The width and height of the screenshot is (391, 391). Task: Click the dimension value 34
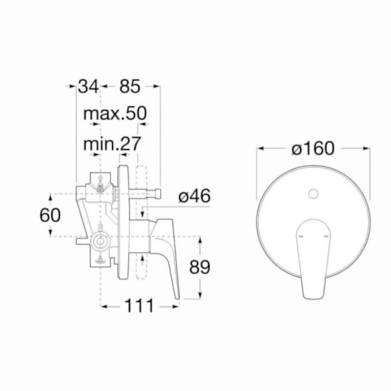click(88, 86)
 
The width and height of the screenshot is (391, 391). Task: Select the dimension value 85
click(130, 86)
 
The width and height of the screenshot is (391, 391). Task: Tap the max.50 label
click(115, 114)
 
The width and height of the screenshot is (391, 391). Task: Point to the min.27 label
click(112, 144)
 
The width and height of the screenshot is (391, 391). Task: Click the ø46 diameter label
click(195, 196)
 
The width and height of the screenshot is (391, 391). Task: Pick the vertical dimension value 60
click(50, 215)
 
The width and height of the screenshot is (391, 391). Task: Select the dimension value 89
click(200, 267)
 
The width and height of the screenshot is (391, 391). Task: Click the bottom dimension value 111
click(139, 305)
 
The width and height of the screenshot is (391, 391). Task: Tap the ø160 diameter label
click(313, 148)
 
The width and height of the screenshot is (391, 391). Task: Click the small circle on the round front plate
click(314, 194)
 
